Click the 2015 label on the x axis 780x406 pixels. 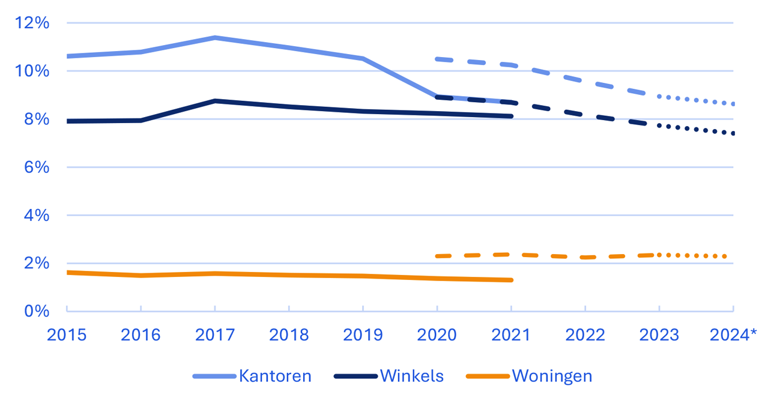(x=67, y=335)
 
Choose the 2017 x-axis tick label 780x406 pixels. (x=214, y=335)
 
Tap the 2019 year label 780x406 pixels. (x=363, y=335)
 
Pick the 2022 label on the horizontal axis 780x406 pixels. (x=585, y=335)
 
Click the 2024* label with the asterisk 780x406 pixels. (x=733, y=335)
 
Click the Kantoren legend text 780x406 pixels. (x=275, y=377)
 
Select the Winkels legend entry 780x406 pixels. (x=411, y=377)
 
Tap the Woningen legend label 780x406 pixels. (x=552, y=377)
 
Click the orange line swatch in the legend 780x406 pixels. (x=487, y=377)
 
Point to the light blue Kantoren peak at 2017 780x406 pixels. (x=214, y=38)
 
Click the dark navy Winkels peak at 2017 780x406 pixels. (x=214, y=101)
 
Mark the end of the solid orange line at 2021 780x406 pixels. (x=511, y=280)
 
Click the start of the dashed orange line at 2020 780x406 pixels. (x=438, y=256)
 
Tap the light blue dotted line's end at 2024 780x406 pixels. (x=733, y=104)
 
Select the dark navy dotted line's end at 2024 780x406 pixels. (x=733, y=133)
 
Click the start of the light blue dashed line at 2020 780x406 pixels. (x=438, y=59)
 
